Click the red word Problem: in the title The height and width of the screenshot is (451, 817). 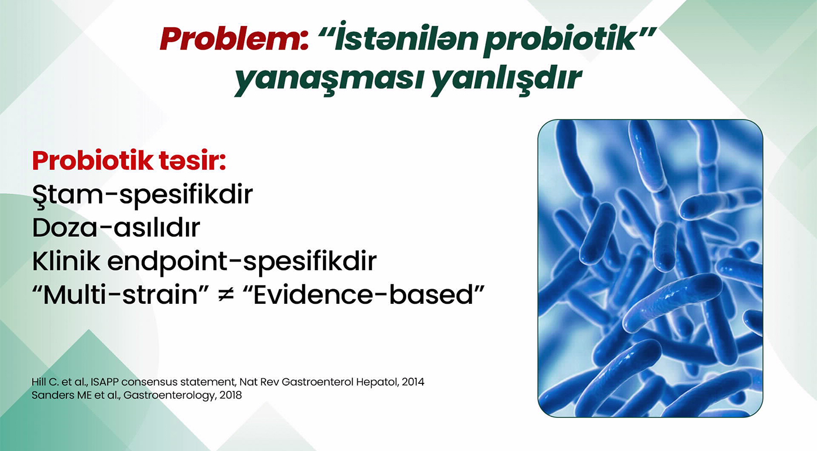point(234,39)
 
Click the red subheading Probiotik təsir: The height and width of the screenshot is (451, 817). point(129,160)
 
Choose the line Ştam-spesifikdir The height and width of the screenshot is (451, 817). point(143,195)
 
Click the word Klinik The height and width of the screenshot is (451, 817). point(66,261)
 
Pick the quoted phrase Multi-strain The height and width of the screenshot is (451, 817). point(121,294)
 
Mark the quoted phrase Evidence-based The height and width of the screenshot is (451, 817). point(363,294)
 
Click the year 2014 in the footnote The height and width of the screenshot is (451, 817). point(413,382)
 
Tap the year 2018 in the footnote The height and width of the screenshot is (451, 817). point(230,395)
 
